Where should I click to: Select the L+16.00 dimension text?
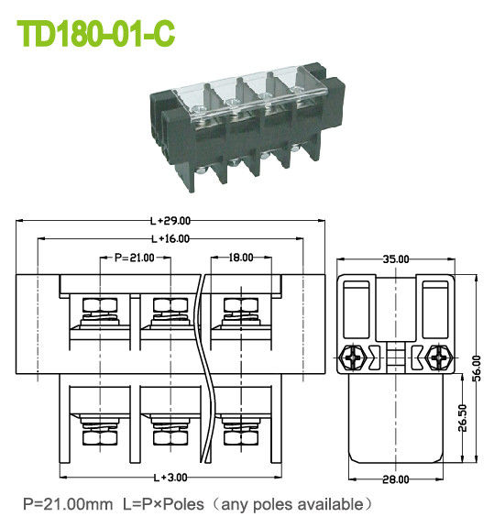point(170,238)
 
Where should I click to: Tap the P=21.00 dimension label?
point(134,258)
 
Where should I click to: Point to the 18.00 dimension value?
point(241,258)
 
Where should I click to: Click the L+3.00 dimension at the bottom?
point(170,478)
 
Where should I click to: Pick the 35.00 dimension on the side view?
point(396,259)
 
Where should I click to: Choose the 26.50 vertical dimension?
point(462,418)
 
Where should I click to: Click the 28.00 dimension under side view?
point(396,478)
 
